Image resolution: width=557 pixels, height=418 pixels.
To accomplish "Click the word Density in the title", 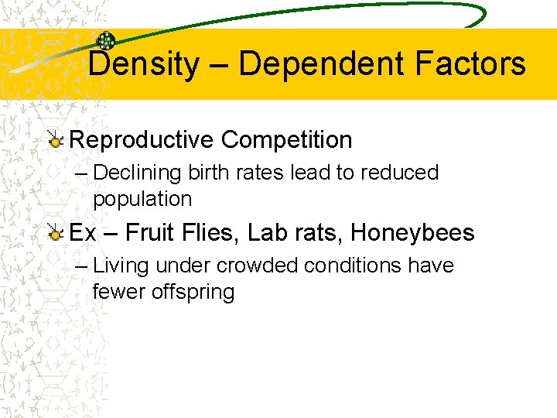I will (143, 63).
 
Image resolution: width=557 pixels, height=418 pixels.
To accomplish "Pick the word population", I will (142, 199).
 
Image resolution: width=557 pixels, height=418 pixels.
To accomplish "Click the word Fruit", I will (151, 232).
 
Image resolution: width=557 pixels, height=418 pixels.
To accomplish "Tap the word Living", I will (121, 266).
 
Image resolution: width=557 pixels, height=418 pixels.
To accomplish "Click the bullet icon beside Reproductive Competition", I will (55, 141).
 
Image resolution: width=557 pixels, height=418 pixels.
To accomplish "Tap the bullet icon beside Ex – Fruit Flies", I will (55, 233).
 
